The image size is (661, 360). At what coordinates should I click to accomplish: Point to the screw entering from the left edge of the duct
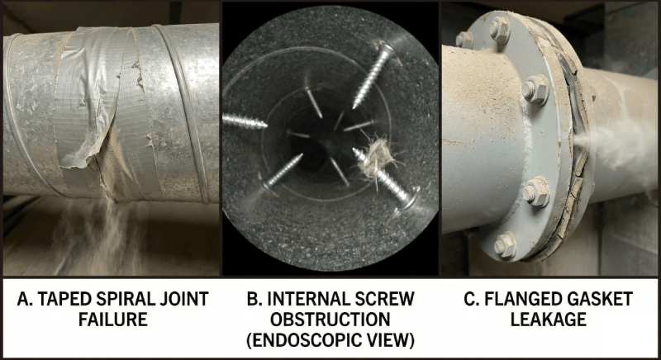tap(245, 121)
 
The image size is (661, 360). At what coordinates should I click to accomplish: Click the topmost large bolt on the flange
tap(499, 31)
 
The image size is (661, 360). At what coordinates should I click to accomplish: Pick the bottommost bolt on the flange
tap(505, 245)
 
